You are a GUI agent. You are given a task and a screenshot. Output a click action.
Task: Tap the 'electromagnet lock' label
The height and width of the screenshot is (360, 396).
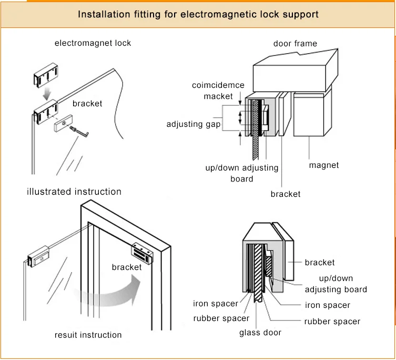[93, 43]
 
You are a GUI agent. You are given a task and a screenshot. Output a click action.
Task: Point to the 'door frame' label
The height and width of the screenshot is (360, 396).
[295, 43]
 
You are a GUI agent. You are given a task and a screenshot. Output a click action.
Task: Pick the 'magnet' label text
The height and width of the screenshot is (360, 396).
[324, 165]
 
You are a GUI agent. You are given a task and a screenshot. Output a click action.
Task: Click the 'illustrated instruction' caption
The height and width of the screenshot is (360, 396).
[74, 192]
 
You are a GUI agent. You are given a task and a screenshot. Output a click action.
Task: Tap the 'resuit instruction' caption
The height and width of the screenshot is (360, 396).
[88, 335]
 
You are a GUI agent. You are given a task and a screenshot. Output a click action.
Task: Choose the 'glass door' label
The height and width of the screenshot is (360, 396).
[260, 332]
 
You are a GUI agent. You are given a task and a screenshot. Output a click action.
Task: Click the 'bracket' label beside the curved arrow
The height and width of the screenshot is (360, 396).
[127, 267]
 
